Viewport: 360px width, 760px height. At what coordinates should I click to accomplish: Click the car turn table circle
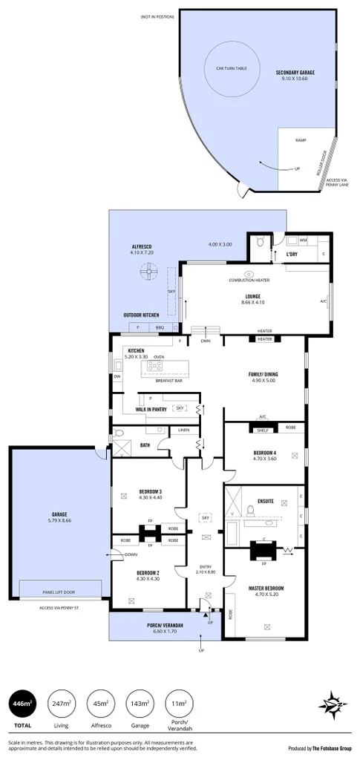(232, 69)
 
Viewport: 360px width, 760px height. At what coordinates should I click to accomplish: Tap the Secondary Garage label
(295, 73)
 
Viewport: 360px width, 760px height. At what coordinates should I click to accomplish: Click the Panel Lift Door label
(62, 592)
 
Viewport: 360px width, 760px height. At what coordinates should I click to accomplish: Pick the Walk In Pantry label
(150, 409)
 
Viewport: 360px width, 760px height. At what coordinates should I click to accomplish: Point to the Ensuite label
(265, 501)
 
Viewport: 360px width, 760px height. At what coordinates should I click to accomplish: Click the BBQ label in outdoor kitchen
(159, 327)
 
